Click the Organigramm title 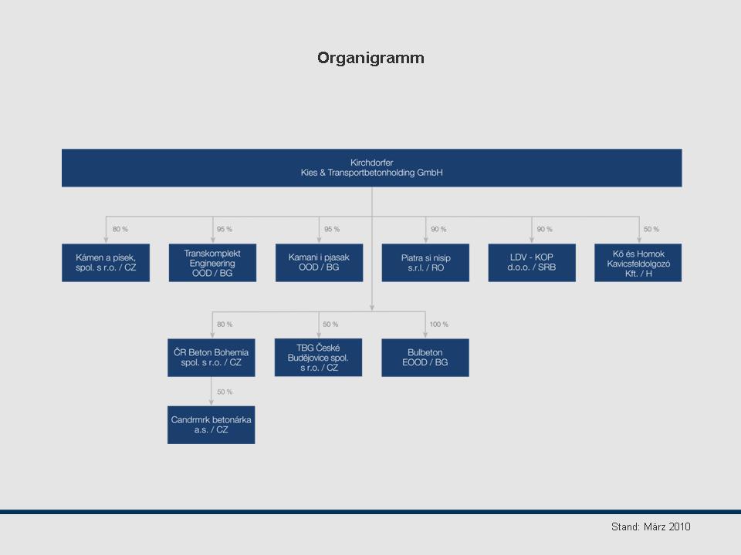[370, 58]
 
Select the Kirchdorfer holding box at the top [371, 168]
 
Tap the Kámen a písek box [106, 263]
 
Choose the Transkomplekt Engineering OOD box [212, 263]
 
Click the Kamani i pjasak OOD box [319, 263]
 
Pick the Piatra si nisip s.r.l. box [425, 263]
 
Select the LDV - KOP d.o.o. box [532, 263]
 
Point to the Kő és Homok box [638, 263]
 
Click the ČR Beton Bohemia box [211, 358]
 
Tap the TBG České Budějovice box [318, 358]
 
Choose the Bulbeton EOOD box [425, 358]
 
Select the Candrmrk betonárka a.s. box [211, 425]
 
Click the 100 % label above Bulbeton [438, 325]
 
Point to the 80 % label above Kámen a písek [120, 229]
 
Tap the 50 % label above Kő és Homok [651, 229]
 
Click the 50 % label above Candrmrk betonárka [225, 392]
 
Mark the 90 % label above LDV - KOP [544, 229]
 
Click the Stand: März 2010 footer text [651, 526]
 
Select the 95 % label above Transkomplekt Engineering [225, 229]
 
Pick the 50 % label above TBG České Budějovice [330, 325]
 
